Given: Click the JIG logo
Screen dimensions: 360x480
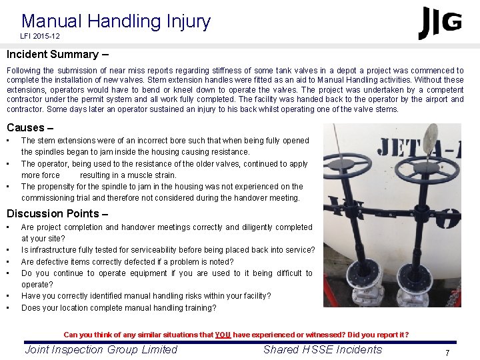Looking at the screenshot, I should pyautogui.click(x=440, y=23).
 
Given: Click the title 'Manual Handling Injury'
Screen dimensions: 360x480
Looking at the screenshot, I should pyautogui.click(x=116, y=21).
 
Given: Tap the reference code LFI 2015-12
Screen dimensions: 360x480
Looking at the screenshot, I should pyautogui.click(x=40, y=36).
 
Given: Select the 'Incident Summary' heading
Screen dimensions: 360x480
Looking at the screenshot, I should pyautogui.click(x=53, y=55).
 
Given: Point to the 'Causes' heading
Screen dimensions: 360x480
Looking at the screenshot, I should pyautogui.click(x=25, y=127).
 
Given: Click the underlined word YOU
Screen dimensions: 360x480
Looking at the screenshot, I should pyautogui.click(x=223, y=335).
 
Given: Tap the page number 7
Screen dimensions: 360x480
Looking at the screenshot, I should pyautogui.click(x=447, y=352).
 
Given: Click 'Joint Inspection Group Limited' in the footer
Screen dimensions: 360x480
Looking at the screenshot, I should pyautogui.click(x=101, y=349).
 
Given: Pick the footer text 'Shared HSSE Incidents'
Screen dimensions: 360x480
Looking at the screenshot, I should pyautogui.click(x=323, y=349).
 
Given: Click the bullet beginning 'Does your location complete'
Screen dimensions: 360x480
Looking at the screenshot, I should pyautogui.click(x=119, y=308).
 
